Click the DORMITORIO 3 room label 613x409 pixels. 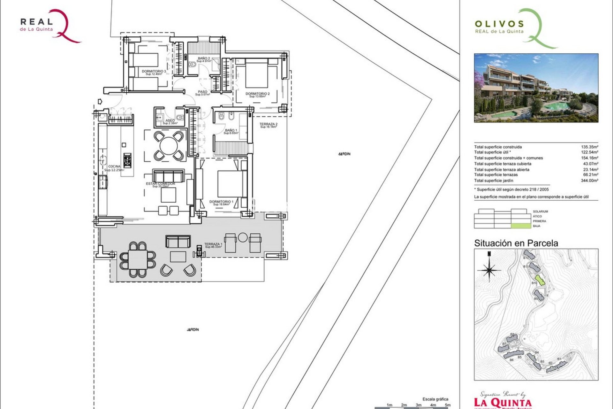pos(154,71)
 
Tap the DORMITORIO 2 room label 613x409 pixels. pos(257,94)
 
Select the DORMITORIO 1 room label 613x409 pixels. pos(221,202)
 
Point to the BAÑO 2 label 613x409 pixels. pos(204,58)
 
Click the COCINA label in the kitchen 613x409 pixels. pos(114,166)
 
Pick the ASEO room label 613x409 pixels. pos(170,120)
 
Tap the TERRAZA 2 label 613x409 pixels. pos(268,124)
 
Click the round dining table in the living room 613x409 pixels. pos(169,146)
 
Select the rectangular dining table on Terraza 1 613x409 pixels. pos(138,259)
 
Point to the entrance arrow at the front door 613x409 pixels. pos(100,102)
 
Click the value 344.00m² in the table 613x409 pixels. pos(589,181)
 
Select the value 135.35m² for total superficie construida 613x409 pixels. pos(589,147)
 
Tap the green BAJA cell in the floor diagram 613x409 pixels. pos(519,226)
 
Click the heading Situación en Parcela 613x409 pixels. pos(516,243)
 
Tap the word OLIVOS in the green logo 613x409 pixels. pos(499,24)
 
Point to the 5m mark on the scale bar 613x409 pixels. pos(448,405)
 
